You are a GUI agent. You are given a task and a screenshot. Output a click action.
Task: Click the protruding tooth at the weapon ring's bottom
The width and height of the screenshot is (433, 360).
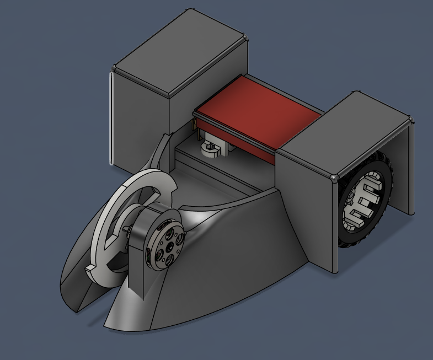click(92, 269)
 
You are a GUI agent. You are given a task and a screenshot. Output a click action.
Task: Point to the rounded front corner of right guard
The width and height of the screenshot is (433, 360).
click(334, 178)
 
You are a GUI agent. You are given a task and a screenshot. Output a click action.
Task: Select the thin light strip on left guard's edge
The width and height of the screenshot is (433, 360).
click(111, 119)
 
